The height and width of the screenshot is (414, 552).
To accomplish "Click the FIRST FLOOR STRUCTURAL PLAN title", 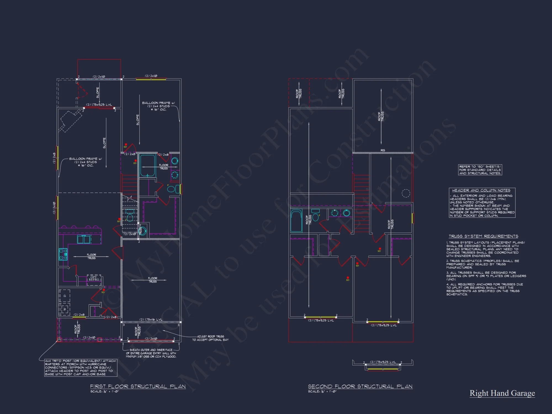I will (138, 386).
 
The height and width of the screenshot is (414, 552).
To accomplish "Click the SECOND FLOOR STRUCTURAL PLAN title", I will (360, 386).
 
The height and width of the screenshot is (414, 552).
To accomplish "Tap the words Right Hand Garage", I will (502, 393).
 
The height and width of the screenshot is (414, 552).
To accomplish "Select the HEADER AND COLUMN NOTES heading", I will (481, 190).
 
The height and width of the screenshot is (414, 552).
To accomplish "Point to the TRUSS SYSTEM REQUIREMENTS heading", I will (483, 236).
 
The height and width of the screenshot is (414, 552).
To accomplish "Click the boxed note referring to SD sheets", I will (480, 170).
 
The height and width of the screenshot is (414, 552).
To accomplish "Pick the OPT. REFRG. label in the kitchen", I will (94, 278).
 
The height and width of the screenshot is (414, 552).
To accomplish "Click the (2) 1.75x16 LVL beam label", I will (151, 320).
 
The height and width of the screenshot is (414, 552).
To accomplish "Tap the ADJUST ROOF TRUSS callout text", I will (210, 338).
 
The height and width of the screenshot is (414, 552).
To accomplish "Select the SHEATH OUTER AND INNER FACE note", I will (151, 353).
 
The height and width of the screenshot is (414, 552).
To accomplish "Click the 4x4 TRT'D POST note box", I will (81, 368).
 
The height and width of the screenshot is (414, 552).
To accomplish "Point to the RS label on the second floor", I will (383, 150).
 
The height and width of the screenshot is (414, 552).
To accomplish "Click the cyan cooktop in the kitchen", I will (63, 254).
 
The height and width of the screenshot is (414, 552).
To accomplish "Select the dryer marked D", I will (65, 296).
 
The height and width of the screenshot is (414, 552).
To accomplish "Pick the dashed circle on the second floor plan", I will (406, 193).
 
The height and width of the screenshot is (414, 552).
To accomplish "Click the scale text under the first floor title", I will (105, 392).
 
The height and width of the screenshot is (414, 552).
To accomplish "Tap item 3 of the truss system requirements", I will (486, 276).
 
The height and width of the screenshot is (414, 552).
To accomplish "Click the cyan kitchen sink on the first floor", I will (84, 240).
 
